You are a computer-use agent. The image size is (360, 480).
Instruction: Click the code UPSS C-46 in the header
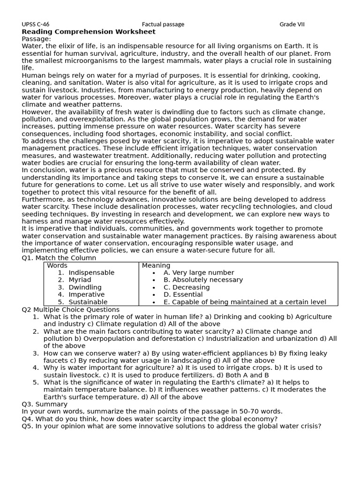tap(35, 24)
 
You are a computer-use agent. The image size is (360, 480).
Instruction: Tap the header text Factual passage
tap(163, 24)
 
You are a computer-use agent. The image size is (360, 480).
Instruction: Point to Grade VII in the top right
tap(292, 24)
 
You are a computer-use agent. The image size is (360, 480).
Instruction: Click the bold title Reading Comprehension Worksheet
tap(89, 32)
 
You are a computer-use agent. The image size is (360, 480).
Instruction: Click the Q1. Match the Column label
tap(59, 258)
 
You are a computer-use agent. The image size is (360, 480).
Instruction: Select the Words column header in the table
tap(57, 265)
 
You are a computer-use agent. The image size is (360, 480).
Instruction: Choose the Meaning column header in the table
tap(156, 265)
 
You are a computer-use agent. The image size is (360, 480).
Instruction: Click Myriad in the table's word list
tap(80, 280)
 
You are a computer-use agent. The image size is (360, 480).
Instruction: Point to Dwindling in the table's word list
tap(85, 287)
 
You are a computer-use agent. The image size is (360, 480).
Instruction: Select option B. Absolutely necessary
tap(203, 280)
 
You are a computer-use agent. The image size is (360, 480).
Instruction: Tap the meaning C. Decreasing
tap(187, 287)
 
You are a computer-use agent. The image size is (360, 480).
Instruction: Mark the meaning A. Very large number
tap(199, 273)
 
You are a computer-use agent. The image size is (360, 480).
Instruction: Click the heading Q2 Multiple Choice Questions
tap(70, 309)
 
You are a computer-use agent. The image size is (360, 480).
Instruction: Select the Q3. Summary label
tap(45, 404)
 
